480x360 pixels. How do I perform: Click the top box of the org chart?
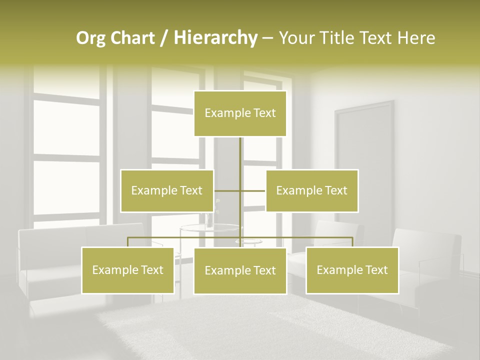click(x=240, y=113)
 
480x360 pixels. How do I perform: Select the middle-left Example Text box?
click(x=167, y=190)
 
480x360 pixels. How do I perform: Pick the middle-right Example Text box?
click(x=311, y=190)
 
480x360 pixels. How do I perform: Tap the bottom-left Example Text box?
click(x=127, y=270)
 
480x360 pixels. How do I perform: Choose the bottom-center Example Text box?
click(x=240, y=270)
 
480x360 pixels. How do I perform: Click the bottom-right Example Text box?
click(x=352, y=270)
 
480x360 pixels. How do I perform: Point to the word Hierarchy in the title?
click(x=215, y=38)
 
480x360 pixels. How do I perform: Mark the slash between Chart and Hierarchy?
click(x=163, y=38)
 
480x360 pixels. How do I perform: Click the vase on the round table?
click(x=208, y=219)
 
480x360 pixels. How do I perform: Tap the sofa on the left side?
click(x=50, y=265)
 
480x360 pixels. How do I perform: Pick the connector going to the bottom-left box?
click(x=128, y=241)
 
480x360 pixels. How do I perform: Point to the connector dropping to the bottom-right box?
click(x=352, y=241)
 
